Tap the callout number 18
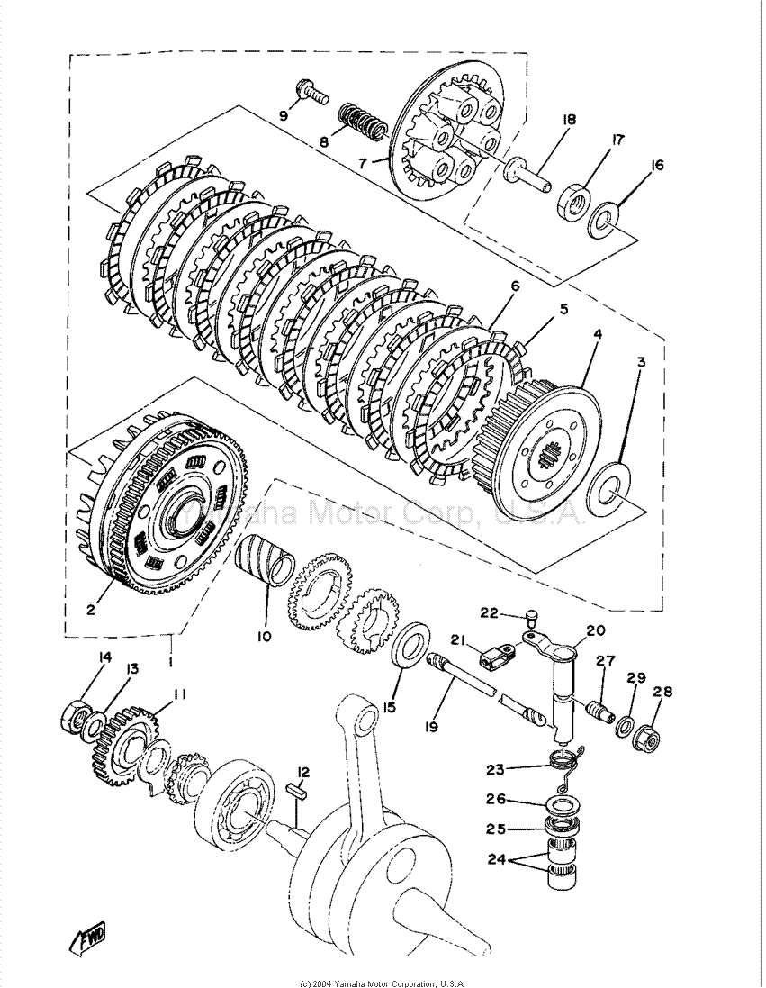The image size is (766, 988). (570, 120)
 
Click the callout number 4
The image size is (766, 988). (597, 334)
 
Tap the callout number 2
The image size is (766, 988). (91, 610)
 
